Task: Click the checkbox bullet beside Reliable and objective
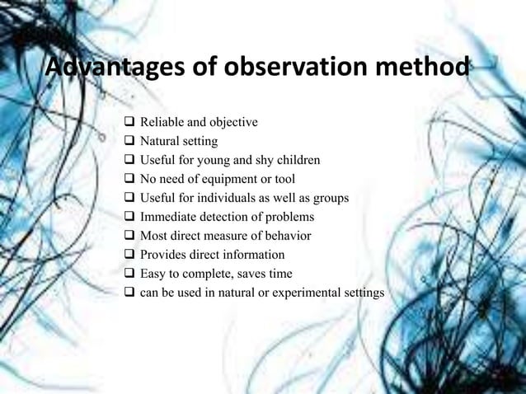tap(129, 124)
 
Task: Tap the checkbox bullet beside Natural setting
tap(129, 142)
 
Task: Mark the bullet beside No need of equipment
tap(129, 178)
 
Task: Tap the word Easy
tap(153, 274)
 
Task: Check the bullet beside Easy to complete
tap(129, 274)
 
